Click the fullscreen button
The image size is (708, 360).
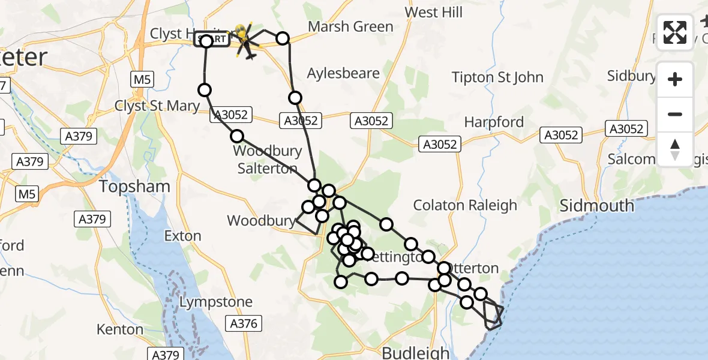(x=675, y=32)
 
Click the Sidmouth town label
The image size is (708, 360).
(x=596, y=206)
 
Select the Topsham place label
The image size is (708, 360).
(x=134, y=187)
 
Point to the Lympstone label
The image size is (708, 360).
(x=216, y=302)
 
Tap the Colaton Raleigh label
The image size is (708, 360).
(x=464, y=205)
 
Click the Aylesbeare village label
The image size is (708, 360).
(x=343, y=74)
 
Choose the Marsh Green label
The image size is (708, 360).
(x=350, y=27)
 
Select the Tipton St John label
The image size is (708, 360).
(x=497, y=77)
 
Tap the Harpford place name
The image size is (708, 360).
(x=494, y=122)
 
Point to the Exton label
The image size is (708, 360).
(x=182, y=236)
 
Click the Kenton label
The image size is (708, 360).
(x=120, y=329)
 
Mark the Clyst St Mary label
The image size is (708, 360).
(x=157, y=106)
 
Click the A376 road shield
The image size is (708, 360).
(x=244, y=324)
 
